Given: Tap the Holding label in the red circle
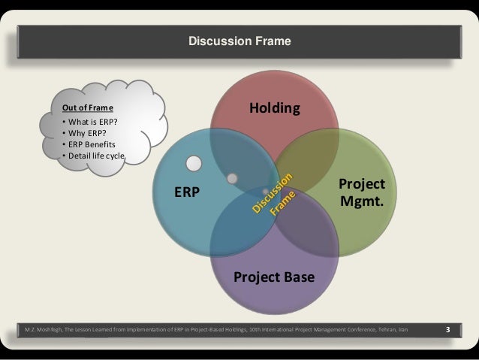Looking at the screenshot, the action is pyautogui.click(x=274, y=109).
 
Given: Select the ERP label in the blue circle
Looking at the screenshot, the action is pyautogui.click(x=187, y=192).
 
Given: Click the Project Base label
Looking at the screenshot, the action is pyautogui.click(x=274, y=278).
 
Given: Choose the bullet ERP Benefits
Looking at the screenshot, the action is pyautogui.click(x=91, y=144).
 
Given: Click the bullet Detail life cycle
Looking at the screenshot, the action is pyautogui.click(x=95, y=156).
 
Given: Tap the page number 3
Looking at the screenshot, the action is pyautogui.click(x=447, y=329).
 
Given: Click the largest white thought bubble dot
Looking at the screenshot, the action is pyautogui.click(x=194, y=163).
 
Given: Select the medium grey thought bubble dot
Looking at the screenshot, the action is pyautogui.click(x=233, y=178).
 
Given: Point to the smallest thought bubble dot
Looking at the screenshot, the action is pyautogui.click(x=265, y=191).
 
